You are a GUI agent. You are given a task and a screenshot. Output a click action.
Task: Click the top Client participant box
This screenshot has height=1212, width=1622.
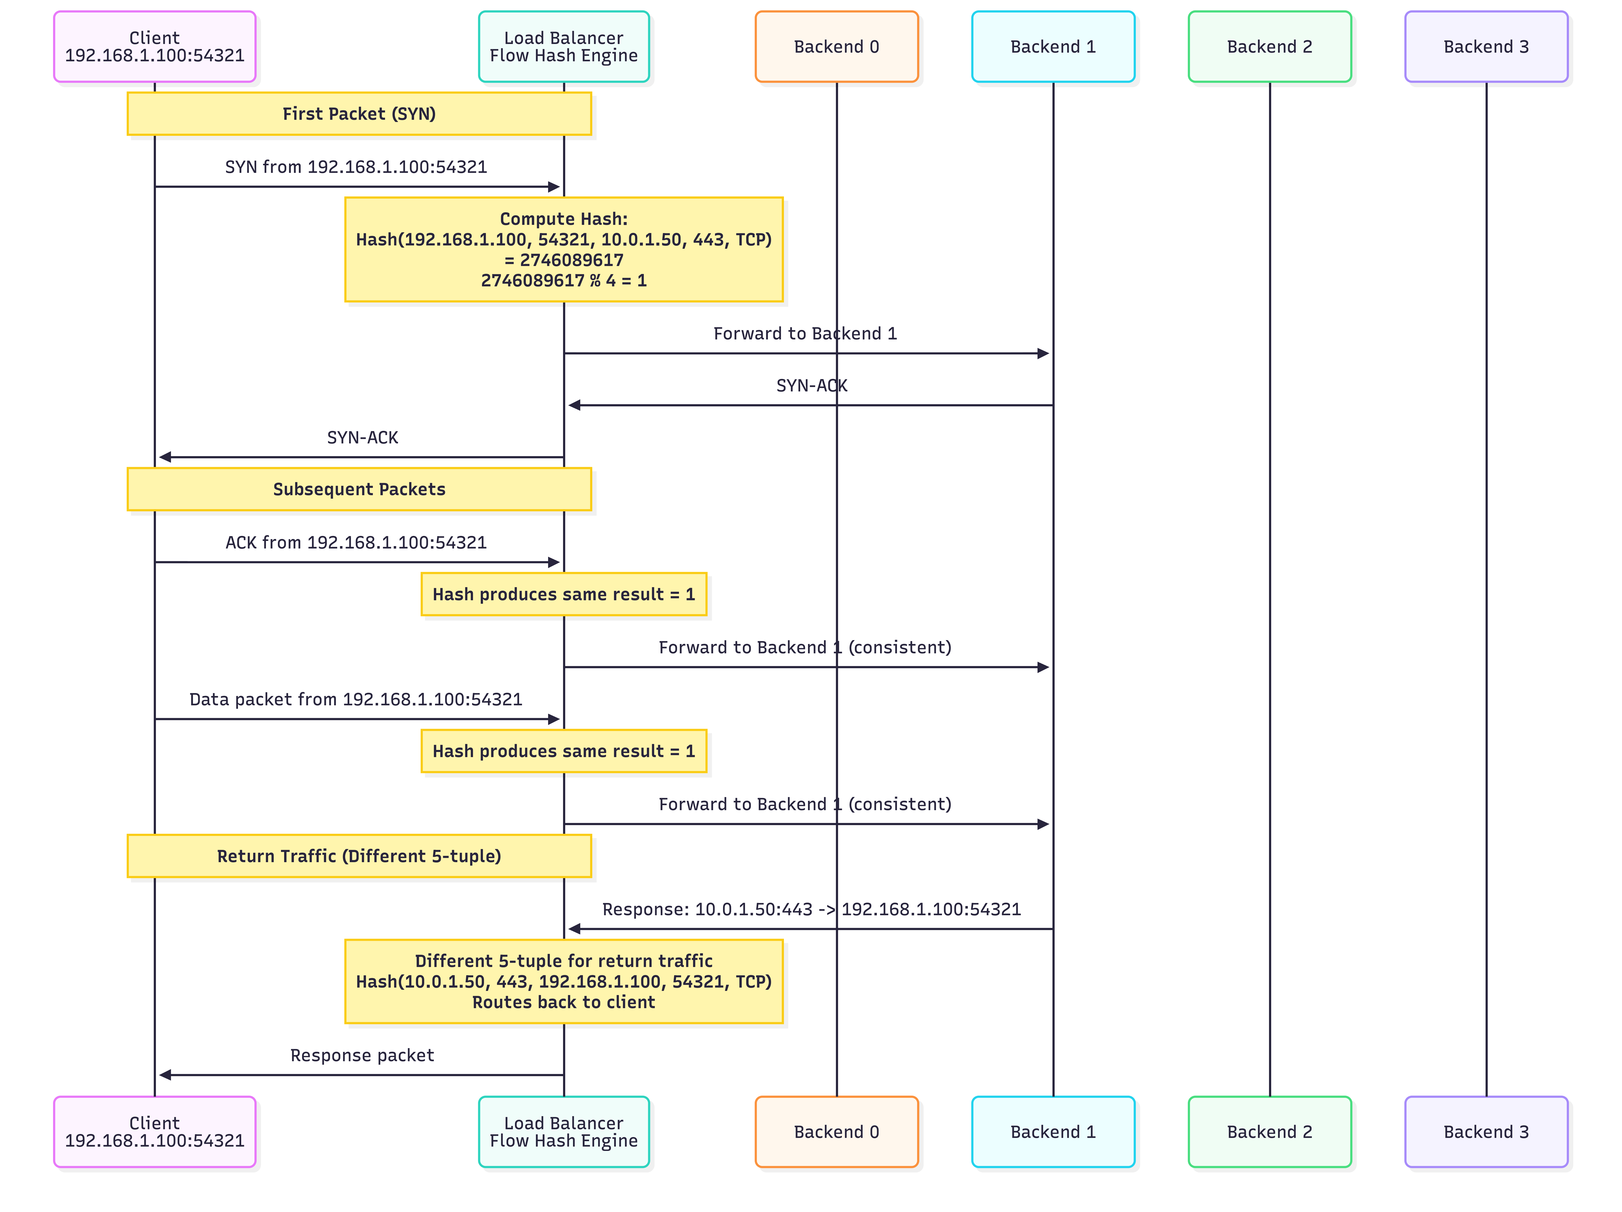coord(155,46)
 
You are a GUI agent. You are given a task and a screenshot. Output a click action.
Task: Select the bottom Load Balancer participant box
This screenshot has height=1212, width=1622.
coord(564,1132)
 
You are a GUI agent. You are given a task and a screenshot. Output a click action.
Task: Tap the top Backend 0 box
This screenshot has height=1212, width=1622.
coord(837,46)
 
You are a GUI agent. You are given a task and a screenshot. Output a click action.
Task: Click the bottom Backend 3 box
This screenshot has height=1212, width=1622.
coord(1486,1132)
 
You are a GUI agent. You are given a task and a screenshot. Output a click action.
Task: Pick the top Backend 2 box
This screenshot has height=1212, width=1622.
coord(1270,46)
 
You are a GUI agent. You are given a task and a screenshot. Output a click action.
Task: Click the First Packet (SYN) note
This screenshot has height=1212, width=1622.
coord(359,114)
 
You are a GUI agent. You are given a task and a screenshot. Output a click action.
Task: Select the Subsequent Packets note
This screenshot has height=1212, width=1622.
coord(359,489)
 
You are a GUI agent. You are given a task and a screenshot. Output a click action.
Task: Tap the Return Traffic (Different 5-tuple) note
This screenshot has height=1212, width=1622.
coord(359,856)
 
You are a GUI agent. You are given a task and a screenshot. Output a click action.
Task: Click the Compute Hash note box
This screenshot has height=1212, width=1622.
coord(564,250)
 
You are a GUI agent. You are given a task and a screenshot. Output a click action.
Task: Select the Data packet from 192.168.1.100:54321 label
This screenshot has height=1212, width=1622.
coord(356,699)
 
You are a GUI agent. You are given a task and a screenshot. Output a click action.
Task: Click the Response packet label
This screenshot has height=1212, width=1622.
coord(362,1055)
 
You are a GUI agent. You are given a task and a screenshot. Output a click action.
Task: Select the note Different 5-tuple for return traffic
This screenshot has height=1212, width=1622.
coord(564,982)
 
